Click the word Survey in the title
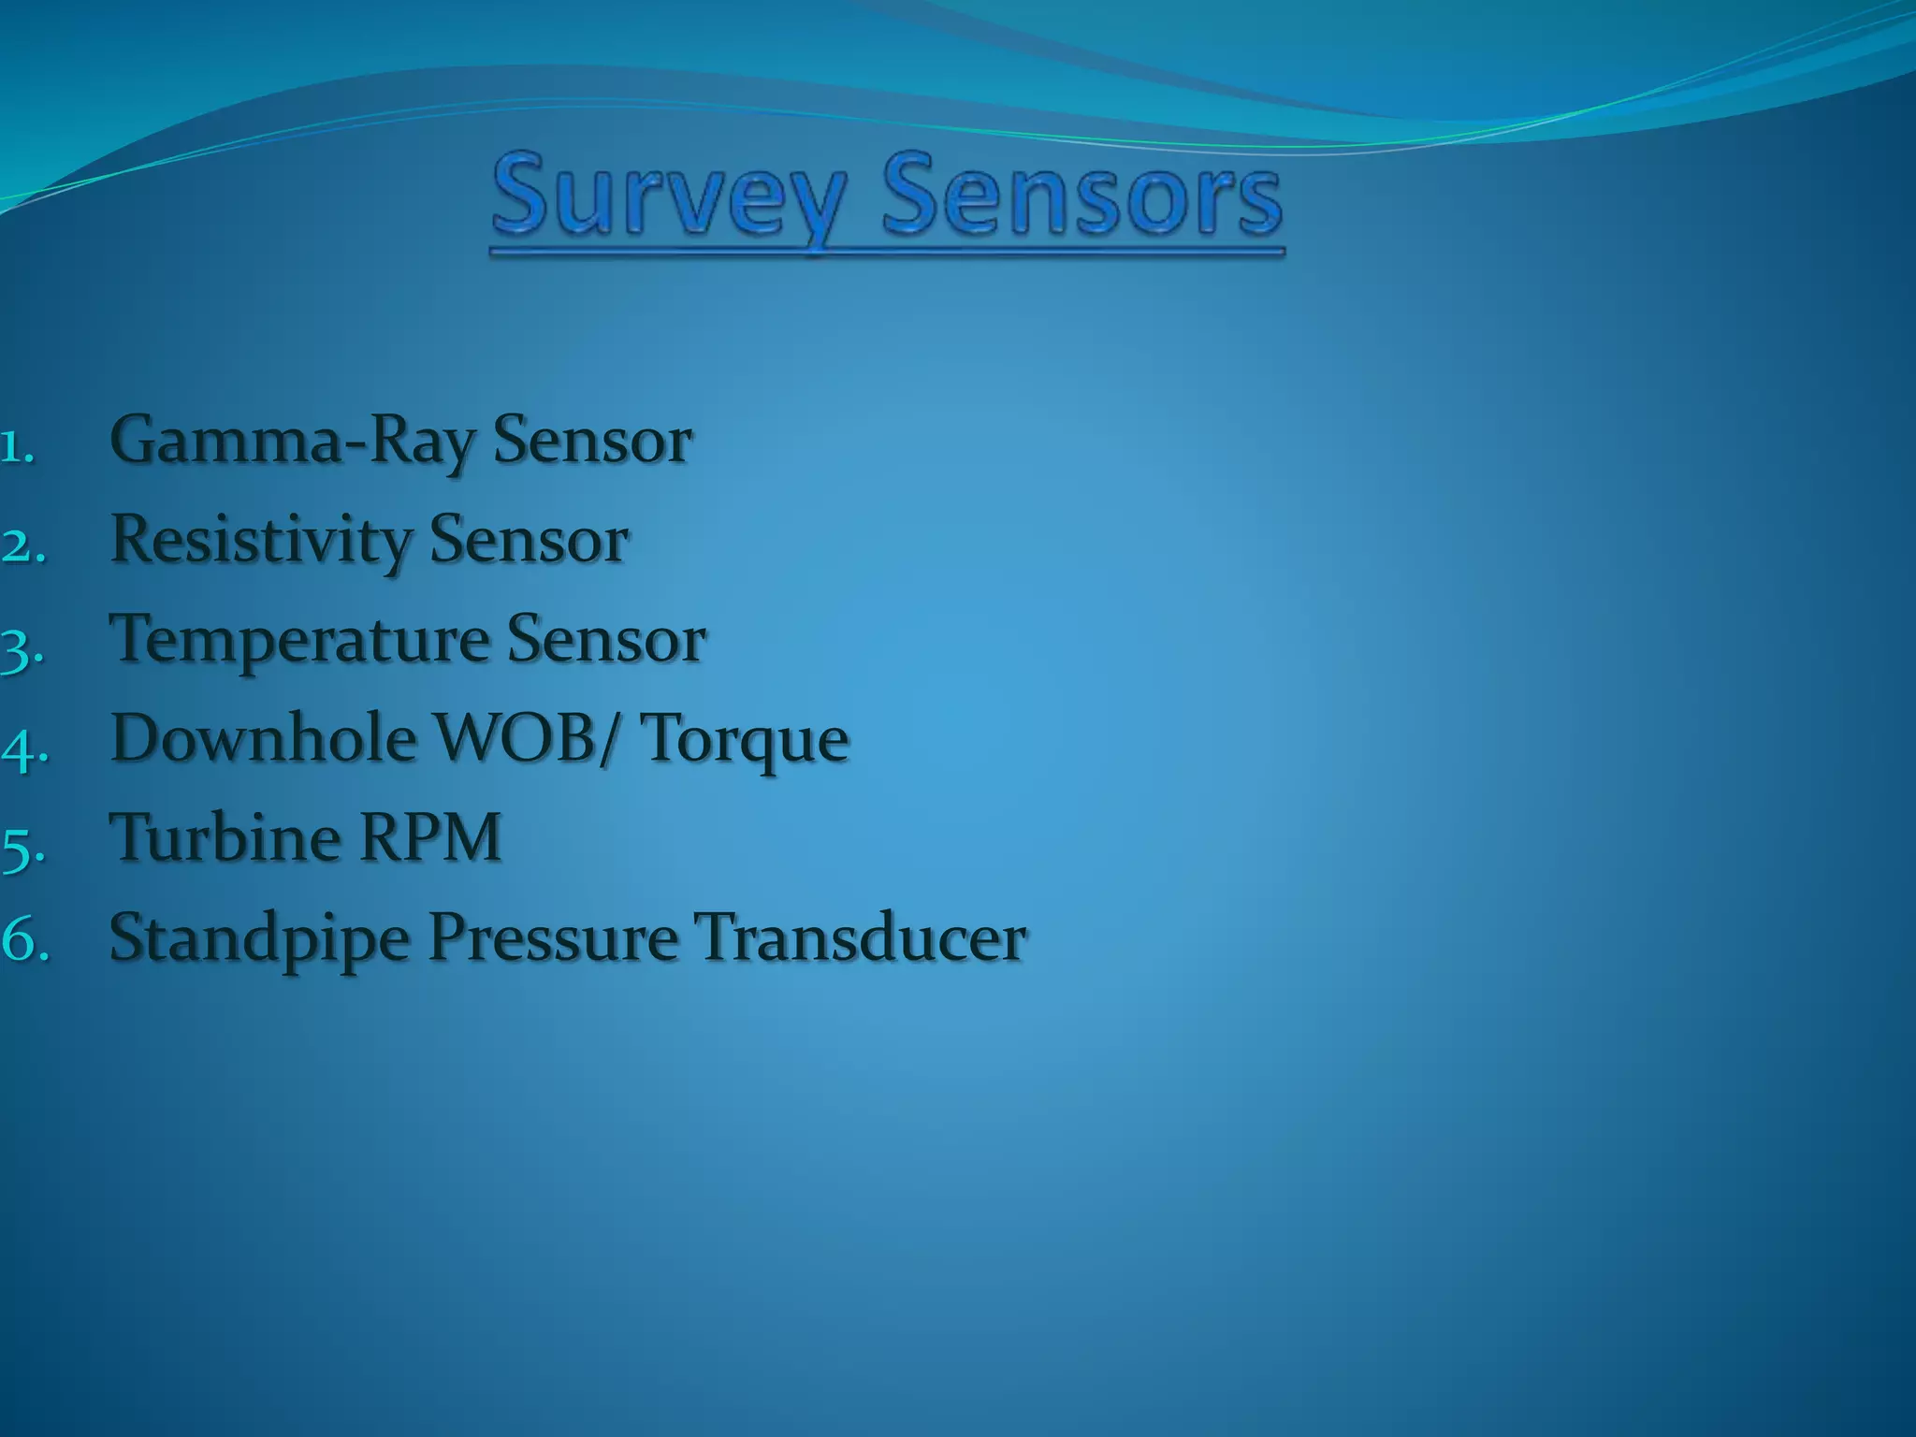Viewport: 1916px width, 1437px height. pos(670,198)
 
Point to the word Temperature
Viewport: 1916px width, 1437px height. pos(299,642)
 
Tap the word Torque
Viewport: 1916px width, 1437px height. pos(747,741)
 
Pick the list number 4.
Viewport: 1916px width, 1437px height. pos(22,748)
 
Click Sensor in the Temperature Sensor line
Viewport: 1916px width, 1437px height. pos(605,641)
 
